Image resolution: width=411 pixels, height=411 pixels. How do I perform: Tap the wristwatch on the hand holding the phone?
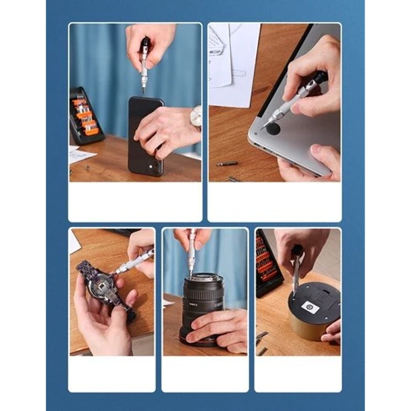point(196,117)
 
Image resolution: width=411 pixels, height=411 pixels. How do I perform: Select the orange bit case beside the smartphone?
point(85,115)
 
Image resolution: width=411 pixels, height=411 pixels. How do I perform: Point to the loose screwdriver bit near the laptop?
point(227,163)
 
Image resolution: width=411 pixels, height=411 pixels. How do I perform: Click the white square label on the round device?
point(310,308)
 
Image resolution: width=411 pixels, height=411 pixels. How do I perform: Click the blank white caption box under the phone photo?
point(135,201)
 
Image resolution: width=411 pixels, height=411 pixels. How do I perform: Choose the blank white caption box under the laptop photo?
point(274,201)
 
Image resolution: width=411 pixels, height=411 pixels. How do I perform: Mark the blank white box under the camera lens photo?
point(204,373)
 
